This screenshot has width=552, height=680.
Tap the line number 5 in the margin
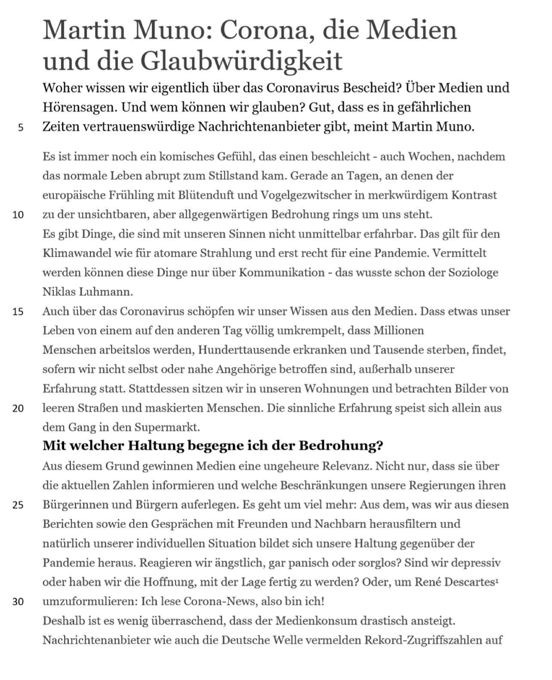click(x=21, y=128)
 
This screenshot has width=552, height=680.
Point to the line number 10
click(x=18, y=215)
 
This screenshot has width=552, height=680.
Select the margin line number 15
click(x=18, y=312)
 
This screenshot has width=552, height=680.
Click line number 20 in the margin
click(x=18, y=408)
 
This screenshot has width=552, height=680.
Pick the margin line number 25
click(x=18, y=505)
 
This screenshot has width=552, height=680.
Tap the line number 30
click(x=18, y=602)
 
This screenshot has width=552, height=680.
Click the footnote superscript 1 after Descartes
click(x=497, y=580)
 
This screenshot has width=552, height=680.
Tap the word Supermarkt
click(x=167, y=427)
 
